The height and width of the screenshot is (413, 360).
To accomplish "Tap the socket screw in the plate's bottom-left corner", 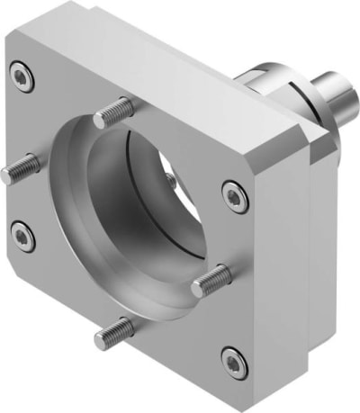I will pyautogui.click(x=22, y=236).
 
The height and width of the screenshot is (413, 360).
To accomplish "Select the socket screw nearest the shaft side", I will pyautogui.click(x=234, y=195).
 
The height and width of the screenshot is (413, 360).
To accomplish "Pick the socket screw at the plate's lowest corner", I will pyautogui.click(x=233, y=362).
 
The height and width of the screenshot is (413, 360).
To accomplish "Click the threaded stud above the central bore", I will pyautogui.click(x=116, y=112).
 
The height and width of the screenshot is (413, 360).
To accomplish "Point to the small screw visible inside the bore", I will pyautogui.click(x=171, y=180).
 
